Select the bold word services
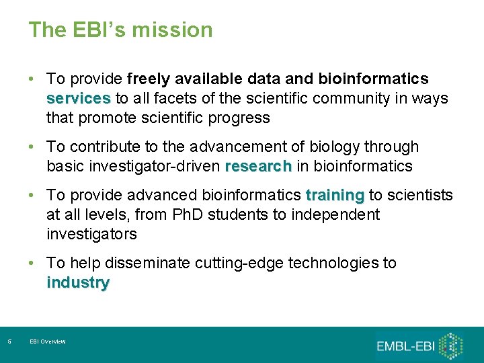click(x=79, y=99)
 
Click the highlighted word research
click(x=259, y=166)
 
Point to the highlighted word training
click(x=335, y=196)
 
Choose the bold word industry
click(x=78, y=283)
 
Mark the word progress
click(x=239, y=118)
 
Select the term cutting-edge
click(x=239, y=264)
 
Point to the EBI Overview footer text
click(x=48, y=342)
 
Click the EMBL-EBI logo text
click(x=405, y=346)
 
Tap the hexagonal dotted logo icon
click(x=451, y=345)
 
